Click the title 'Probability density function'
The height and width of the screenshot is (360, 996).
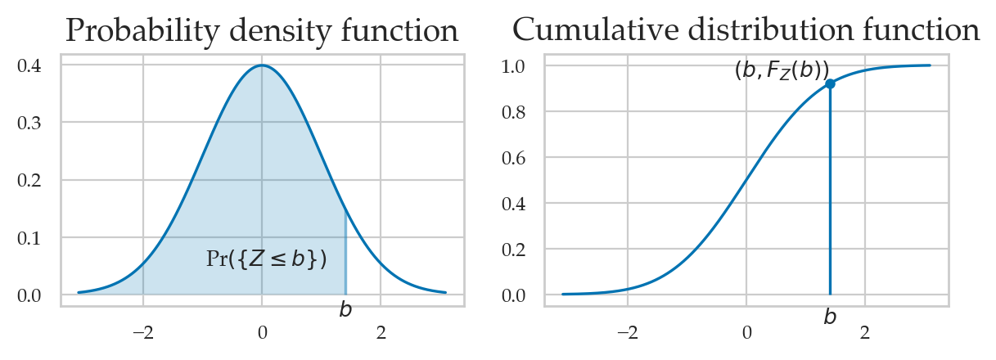[261, 31]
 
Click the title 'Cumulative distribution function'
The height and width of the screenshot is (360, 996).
[746, 31]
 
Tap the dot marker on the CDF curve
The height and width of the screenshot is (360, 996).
[830, 83]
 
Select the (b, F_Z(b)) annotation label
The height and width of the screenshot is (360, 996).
[782, 70]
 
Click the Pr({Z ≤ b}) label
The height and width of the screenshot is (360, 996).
[266, 259]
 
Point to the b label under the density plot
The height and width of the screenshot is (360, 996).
[345, 310]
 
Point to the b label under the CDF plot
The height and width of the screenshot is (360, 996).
[830, 317]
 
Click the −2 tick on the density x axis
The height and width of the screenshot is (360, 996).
[143, 333]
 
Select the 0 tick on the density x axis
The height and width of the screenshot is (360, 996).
[262, 333]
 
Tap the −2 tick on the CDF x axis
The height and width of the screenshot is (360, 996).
[628, 333]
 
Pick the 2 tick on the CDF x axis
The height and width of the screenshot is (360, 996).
[866, 333]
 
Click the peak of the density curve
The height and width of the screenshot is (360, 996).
[262, 65]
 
